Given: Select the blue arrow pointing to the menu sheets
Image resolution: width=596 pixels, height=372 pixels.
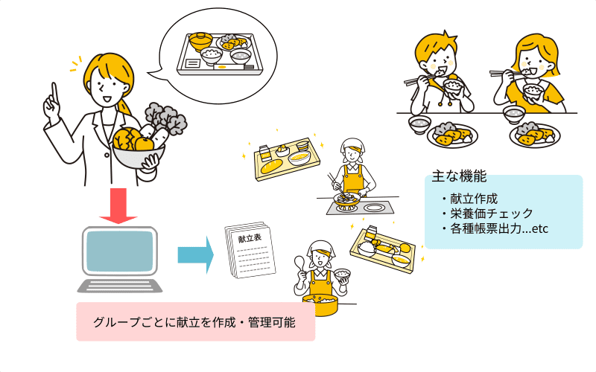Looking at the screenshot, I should pos(195,255).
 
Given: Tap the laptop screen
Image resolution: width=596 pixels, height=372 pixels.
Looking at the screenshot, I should pos(119,251).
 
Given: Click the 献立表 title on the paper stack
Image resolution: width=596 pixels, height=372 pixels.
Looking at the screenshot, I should pos(250,240).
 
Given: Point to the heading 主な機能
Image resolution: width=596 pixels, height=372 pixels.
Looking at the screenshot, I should pos(459,177).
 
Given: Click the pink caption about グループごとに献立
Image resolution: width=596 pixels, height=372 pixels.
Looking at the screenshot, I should pos(194,322).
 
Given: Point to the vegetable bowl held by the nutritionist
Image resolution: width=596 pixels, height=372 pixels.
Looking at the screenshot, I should pos(138,153).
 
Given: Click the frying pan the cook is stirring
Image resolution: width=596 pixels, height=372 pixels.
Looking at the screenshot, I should pos(346,199).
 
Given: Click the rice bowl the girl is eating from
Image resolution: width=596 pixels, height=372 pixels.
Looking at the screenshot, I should pos(532,92).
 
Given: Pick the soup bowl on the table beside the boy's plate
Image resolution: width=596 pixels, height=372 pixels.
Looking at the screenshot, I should pos(419,121).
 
